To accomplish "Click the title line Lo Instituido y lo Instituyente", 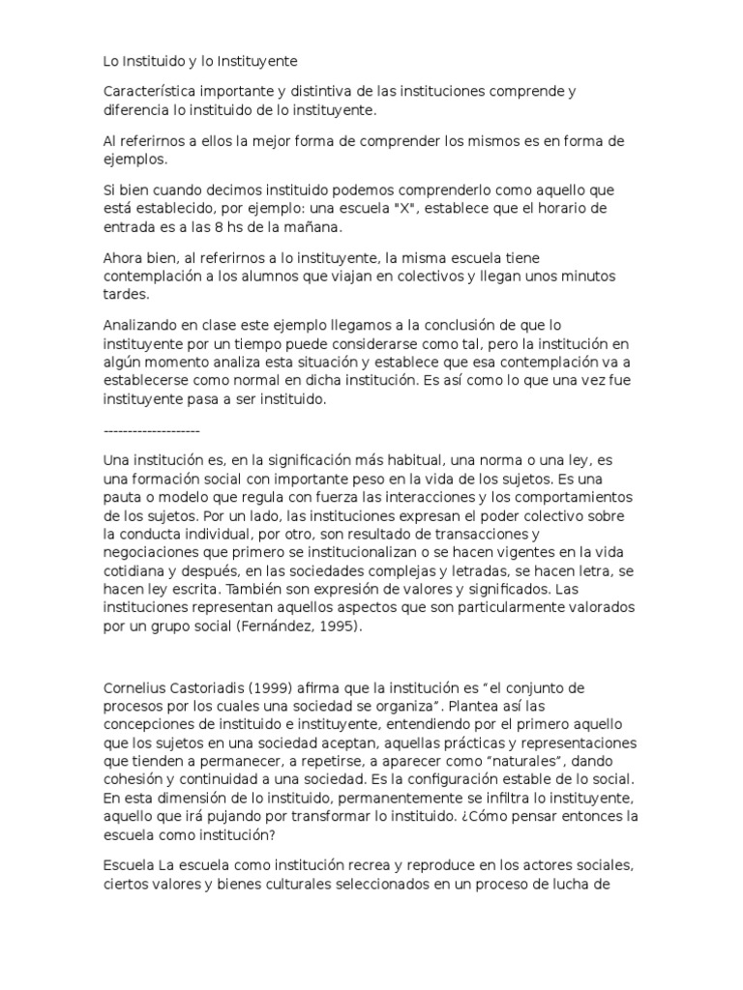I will [x=200, y=61].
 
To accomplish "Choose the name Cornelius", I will [x=134, y=687].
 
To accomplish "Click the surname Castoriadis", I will [x=212, y=687].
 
